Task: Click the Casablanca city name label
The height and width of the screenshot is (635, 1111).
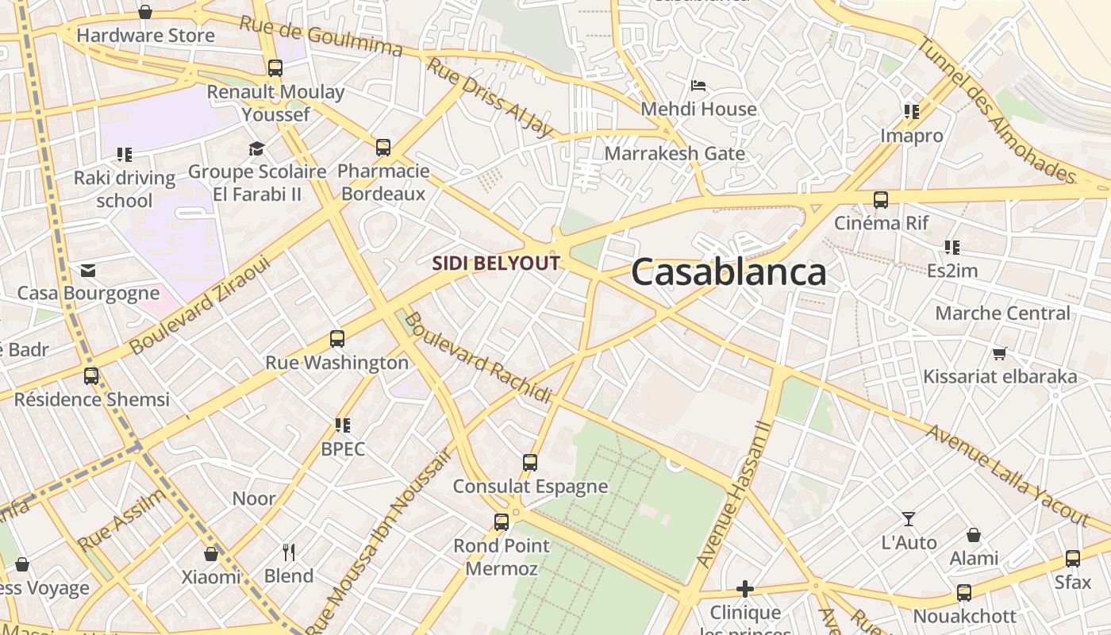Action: coord(728,272)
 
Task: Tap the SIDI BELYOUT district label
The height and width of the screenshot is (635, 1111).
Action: coord(496,264)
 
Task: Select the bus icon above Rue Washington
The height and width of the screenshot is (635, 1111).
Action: coord(337,339)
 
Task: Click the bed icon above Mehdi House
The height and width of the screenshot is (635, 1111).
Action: coord(698,85)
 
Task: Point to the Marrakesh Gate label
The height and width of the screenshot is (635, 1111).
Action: coord(675,153)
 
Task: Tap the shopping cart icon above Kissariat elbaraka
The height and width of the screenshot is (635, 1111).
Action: coord(999,353)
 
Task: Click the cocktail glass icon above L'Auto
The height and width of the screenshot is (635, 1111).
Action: coord(909,519)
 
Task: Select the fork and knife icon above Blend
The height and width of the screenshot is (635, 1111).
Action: coord(289,552)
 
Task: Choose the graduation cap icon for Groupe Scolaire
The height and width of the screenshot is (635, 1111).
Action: coord(256,148)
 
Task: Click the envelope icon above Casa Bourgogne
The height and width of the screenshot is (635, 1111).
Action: coord(88,271)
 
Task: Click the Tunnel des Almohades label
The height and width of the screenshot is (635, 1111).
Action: coord(995,109)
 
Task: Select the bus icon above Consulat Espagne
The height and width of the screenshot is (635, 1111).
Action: coord(530,462)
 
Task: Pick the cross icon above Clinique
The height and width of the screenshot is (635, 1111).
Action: coord(744,589)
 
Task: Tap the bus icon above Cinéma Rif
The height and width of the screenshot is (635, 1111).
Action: coord(881,200)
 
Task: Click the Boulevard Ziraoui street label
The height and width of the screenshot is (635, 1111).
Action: coord(200,305)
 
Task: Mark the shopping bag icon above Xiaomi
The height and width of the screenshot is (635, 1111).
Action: coord(211,554)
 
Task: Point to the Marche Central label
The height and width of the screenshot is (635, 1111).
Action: coord(1002,314)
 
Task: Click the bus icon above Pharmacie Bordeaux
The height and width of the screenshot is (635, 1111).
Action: coord(383,147)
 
